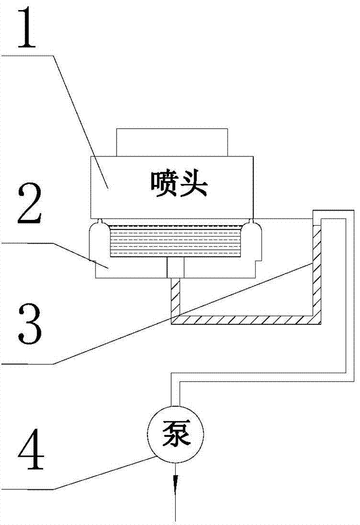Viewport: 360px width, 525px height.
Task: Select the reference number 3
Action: (30, 324)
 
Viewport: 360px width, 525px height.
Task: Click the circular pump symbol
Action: (176, 434)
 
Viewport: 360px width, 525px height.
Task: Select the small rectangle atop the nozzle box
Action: (172, 142)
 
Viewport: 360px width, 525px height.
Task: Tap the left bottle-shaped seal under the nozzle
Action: (99, 238)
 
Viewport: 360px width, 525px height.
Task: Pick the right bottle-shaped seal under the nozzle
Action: (251, 238)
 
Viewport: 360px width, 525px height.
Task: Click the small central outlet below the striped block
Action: (175, 268)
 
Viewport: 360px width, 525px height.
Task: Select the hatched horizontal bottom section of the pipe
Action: (246, 320)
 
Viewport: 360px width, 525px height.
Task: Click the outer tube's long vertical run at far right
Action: (350, 295)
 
